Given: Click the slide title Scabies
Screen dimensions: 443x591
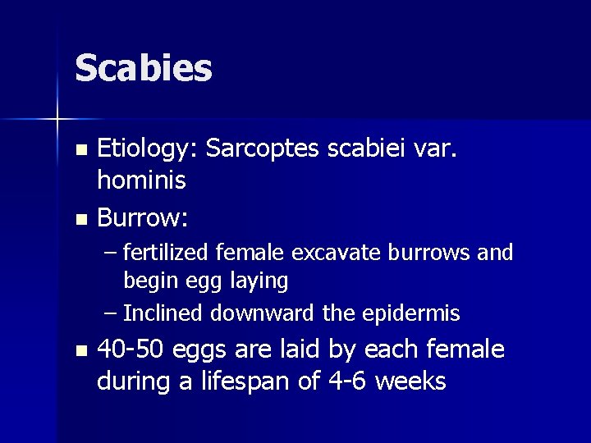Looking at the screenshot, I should (144, 68).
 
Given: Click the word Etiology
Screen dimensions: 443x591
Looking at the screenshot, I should (147, 150).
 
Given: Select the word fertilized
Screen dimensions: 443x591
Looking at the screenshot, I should (167, 253).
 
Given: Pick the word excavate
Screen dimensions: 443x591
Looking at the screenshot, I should (324, 253).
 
